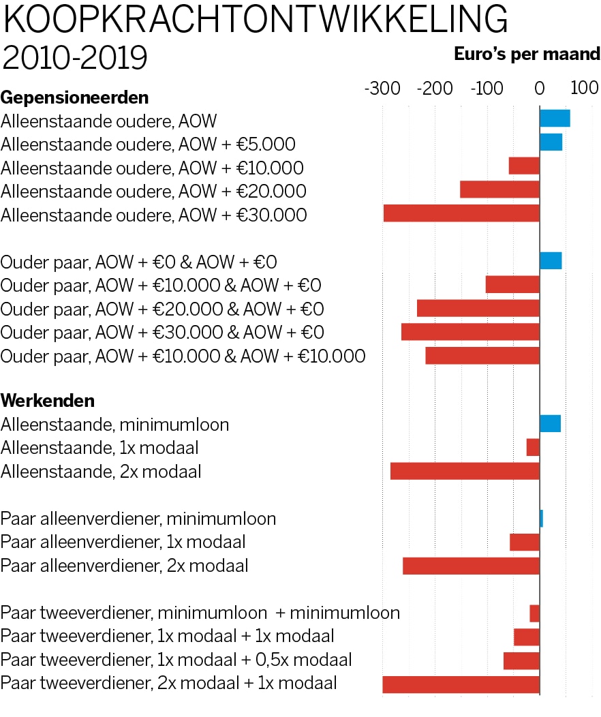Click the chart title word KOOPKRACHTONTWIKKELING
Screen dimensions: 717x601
coord(255,21)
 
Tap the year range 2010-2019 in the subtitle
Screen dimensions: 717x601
coord(75,59)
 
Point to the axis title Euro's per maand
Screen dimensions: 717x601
coord(527,55)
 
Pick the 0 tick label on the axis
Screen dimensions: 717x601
coord(539,89)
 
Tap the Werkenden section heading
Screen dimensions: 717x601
coord(48,400)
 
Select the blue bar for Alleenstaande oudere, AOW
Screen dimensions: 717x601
coord(555,119)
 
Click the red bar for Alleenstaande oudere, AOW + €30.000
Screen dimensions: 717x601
coord(461,213)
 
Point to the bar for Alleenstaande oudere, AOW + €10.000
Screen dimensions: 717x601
coord(524,166)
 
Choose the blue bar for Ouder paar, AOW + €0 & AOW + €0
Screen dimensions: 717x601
coord(551,261)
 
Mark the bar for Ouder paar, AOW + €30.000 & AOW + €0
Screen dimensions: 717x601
coord(470,332)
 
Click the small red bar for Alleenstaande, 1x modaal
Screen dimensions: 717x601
coord(533,448)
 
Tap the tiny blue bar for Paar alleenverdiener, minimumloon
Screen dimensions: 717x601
coord(541,519)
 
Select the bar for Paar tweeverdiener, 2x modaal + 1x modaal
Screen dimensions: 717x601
coord(461,684)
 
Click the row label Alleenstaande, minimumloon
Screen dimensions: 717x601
coord(114,425)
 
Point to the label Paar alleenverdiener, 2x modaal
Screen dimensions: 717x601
coord(124,566)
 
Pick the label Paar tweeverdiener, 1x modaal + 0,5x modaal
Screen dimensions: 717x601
coord(176,660)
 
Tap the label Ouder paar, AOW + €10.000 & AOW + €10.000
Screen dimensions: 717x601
coord(183,356)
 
